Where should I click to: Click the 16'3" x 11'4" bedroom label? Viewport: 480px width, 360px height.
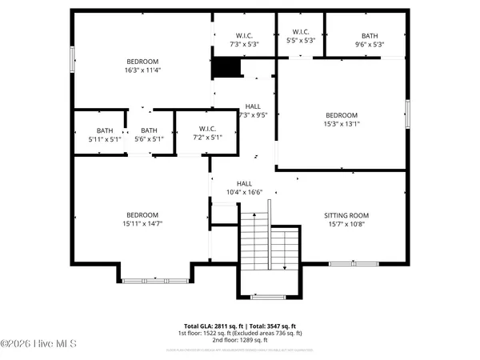[x=142, y=66]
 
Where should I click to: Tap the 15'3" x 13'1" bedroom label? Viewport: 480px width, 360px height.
[x=341, y=119]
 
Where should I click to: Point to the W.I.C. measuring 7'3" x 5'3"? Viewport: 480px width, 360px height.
[x=244, y=40]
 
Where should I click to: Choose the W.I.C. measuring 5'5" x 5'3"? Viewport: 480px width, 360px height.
[x=300, y=36]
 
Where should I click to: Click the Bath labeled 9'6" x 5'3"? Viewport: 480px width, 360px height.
[x=369, y=40]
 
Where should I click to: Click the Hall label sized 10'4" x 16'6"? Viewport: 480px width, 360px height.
[x=244, y=188]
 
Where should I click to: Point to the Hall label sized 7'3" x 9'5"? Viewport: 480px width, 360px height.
[x=253, y=110]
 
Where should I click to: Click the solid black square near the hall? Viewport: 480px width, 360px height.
[x=222, y=69]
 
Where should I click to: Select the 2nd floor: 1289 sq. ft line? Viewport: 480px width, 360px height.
[x=240, y=340]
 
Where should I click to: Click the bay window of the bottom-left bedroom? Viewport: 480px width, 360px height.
[x=156, y=280]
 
